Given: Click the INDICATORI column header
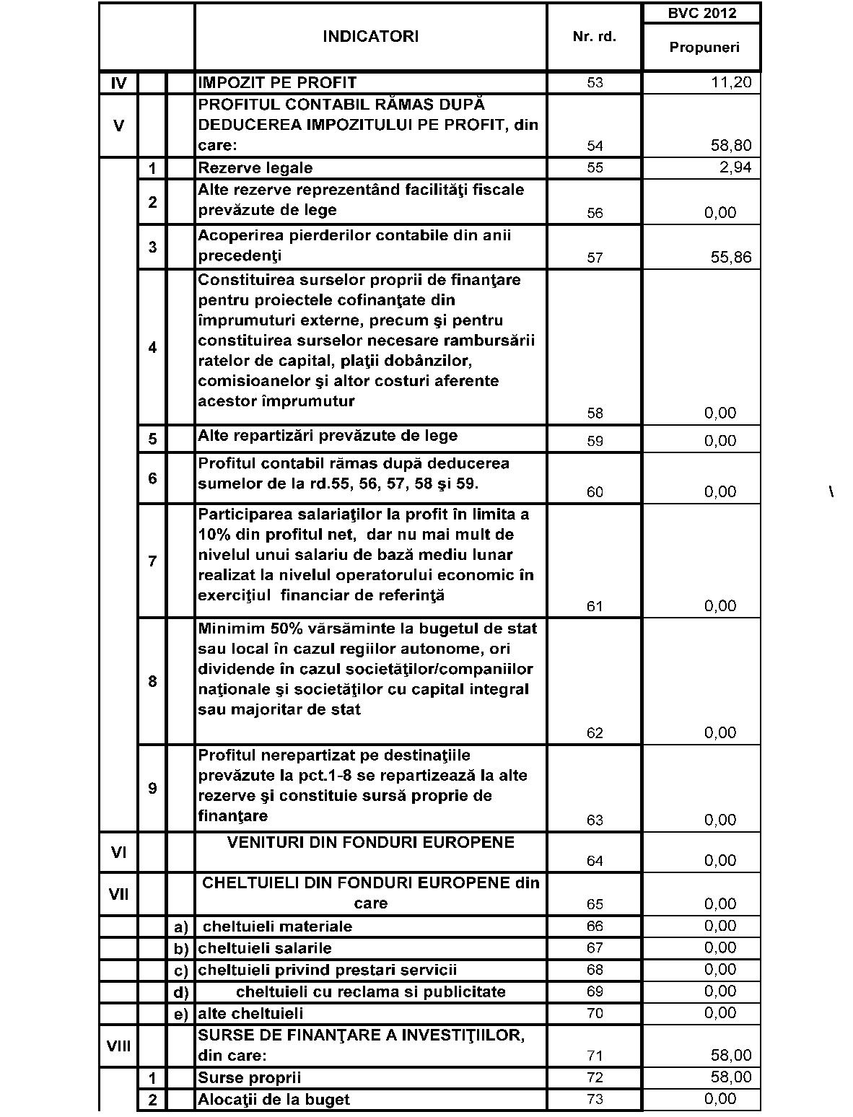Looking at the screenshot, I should (370, 37).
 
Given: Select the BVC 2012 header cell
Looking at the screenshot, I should (701, 13).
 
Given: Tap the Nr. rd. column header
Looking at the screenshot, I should (594, 37).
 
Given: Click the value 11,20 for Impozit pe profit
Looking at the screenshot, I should (731, 82).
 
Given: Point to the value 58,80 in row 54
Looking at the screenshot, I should (731, 146).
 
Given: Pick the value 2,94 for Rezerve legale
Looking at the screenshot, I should (735, 168).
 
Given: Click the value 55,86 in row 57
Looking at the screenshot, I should (731, 257).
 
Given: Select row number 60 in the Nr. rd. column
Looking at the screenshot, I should (595, 492).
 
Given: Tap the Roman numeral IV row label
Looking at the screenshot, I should (119, 83).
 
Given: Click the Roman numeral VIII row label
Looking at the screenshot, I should (119, 1045).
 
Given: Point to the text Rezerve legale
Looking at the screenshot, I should (255, 168).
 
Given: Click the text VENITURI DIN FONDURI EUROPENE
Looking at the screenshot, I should (371, 842).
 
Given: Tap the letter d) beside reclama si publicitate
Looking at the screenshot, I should (180, 992).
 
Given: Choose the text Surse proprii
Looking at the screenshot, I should (250, 1077).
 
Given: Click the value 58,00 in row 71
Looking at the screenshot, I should (731, 1056).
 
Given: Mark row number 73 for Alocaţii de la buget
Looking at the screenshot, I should (595, 1100).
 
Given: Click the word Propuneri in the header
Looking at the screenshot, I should (704, 48).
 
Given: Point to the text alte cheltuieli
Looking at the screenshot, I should (250, 1014).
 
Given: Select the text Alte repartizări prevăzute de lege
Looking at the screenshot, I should (328, 436).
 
